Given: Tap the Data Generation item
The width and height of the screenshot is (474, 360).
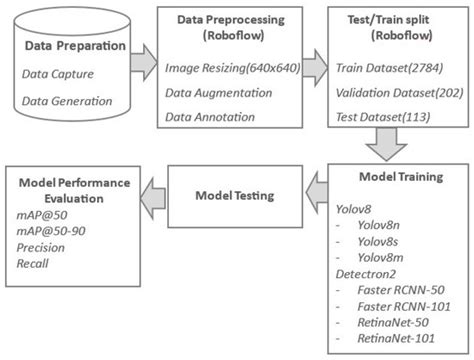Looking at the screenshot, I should point(69,102).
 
